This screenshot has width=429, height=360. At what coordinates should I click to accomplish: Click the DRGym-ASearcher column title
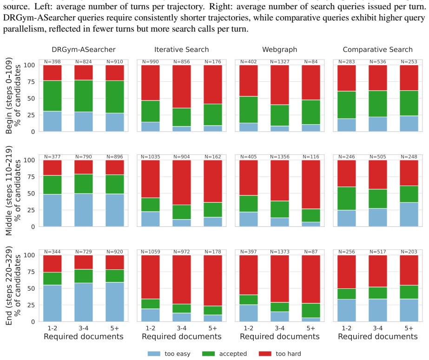tap(84, 50)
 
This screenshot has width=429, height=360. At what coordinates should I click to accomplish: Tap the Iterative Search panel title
tap(181, 50)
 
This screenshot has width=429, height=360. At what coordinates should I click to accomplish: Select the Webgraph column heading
tap(280, 50)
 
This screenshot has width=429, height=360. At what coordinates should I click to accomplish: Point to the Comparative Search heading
tap(377, 50)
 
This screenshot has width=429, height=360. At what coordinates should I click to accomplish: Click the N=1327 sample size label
tap(280, 62)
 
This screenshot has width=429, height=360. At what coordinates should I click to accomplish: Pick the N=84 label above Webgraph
tap(311, 62)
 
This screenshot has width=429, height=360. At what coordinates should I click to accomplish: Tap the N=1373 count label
tap(280, 252)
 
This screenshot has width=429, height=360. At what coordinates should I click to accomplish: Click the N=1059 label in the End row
tap(151, 252)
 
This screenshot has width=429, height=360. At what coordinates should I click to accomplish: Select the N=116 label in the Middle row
tap(311, 157)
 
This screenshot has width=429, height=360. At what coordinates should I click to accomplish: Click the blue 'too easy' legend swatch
tap(154, 353)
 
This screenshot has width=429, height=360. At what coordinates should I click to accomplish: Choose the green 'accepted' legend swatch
tap(209, 353)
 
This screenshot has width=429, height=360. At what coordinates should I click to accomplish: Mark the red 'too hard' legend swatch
tap(265, 353)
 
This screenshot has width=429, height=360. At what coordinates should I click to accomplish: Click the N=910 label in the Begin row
tap(115, 62)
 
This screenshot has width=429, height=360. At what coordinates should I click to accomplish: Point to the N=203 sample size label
tap(409, 252)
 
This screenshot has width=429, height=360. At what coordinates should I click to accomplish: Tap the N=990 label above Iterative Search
tap(151, 62)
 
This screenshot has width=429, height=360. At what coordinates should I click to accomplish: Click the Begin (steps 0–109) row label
tap(9, 95)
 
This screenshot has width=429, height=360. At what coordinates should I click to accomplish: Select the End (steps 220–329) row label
tap(9, 286)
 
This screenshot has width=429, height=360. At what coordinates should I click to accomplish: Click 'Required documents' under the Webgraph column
tap(280, 337)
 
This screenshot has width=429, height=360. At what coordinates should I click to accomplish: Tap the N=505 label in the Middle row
tap(377, 157)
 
